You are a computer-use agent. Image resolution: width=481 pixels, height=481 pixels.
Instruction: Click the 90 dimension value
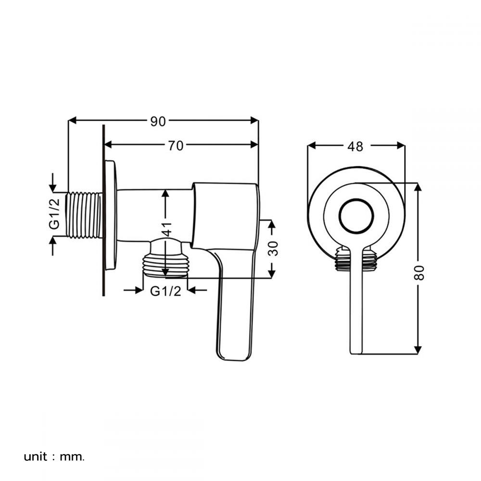pyautogui.click(x=158, y=121)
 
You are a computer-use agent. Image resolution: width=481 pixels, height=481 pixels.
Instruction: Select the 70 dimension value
pyautogui.click(x=176, y=145)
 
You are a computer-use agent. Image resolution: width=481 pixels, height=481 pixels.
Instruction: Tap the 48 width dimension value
pyautogui.click(x=355, y=146)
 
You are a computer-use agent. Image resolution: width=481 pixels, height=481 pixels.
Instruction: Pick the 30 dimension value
pyautogui.click(x=273, y=249)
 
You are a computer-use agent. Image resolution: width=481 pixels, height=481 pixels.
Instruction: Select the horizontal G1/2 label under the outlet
pyautogui.click(x=165, y=291)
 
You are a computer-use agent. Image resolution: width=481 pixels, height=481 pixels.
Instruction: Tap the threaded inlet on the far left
pyautogui.click(x=85, y=215)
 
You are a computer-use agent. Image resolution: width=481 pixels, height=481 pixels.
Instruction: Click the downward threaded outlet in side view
pyautogui.click(x=166, y=266)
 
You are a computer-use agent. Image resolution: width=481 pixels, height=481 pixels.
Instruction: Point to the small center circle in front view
pyautogui.click(x=356, y=215)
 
